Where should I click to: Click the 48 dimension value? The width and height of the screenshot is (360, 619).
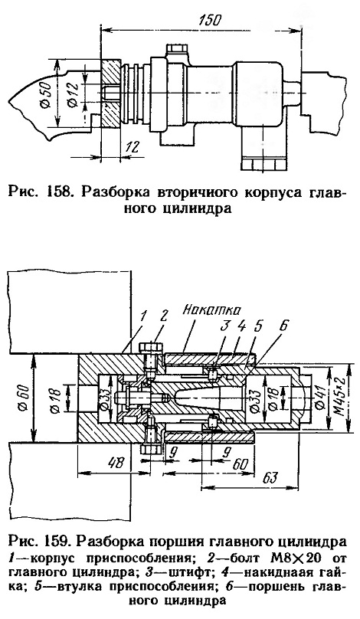(117, 462)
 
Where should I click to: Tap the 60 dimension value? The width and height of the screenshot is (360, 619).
(239, 463)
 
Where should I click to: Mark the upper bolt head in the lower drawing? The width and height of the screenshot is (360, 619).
(151, 347)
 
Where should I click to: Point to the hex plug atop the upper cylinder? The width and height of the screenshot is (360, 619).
(176, 51)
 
